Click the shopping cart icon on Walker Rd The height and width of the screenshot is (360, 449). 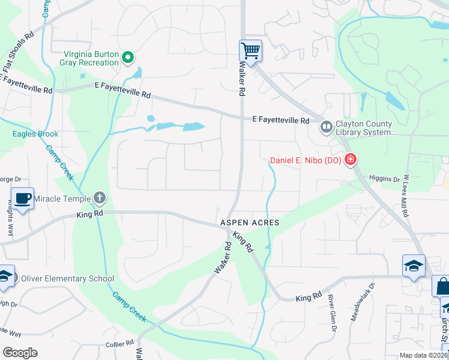tap(250, 50)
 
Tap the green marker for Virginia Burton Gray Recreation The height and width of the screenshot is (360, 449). tap(127, 58)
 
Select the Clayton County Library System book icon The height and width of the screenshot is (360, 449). tap(326, 127)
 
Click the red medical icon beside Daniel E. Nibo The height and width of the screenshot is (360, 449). tap(349, 160)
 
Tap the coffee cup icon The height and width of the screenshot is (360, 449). tap(23, 198)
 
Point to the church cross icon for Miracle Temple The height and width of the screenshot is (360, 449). tap(100, 198)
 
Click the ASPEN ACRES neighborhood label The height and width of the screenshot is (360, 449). tap(249, 223)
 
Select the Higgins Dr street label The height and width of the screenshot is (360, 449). tap(384, 179)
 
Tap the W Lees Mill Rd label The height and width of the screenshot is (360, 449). tap(406, 196)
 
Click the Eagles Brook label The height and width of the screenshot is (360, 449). tap(35, 134)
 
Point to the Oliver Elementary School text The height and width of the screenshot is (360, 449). tap(67, 278)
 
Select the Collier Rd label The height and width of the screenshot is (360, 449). tap(119, 344)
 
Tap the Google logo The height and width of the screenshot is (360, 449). tap(20, 353)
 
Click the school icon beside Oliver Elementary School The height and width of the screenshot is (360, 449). tap(5, 275)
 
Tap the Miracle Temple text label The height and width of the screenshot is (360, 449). tap(62, 199)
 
